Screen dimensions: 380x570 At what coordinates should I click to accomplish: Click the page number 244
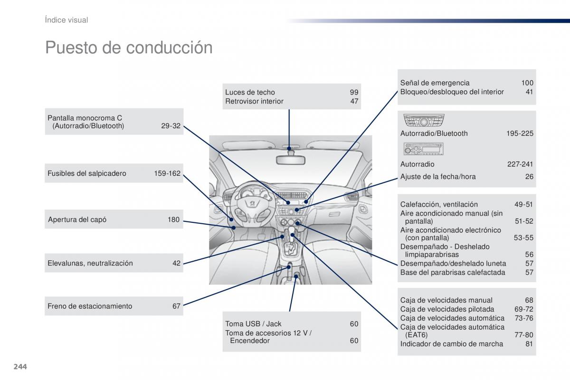coord(20,366)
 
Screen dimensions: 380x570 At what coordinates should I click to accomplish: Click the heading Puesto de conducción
coord(129,47)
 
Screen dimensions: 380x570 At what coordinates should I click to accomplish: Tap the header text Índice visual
coord(66,20)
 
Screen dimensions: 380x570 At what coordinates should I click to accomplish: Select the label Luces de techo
coord(250,92)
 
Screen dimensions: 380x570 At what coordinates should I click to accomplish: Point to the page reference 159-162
coord(167,173)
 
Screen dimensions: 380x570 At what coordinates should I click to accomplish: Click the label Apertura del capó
coord(77,219)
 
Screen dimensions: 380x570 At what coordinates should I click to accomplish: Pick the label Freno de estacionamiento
coord(90,306)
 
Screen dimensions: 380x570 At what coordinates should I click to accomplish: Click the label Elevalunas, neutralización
coord(90,263)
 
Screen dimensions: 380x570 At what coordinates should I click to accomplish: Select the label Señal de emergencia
coord(435,83)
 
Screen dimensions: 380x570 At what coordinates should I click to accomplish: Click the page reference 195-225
coord(520,133)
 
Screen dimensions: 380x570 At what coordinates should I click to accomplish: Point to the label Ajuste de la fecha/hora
coord(438,177)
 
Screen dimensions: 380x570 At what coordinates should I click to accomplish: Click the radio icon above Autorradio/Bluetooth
coord(424,121)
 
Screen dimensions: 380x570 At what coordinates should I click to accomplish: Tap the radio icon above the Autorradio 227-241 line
coord(423,151)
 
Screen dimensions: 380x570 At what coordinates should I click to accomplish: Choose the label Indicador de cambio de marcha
coord(452,344)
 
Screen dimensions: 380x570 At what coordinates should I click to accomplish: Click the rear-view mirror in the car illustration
coord(289,159)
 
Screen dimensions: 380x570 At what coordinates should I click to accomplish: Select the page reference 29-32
coord(171,126)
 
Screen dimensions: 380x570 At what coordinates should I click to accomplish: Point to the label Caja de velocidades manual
coord(446,300)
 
